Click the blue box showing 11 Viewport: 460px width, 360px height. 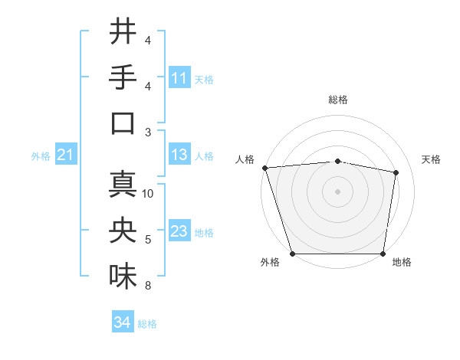[179, 78]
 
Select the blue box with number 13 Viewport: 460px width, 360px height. [179, 155]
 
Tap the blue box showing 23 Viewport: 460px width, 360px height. [179, 232]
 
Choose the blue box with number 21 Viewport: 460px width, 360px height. [65, 155]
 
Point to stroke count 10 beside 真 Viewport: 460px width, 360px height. [149, 194]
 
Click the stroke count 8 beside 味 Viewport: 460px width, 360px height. [148, 286]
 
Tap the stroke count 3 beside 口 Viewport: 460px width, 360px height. [148, 133]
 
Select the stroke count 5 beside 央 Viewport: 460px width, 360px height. [148, 240]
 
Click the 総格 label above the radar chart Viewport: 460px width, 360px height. [338, 100]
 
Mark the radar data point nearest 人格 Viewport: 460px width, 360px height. [264, 168]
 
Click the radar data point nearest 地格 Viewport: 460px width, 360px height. [383, 254]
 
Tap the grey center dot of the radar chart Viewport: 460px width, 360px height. [338, 191]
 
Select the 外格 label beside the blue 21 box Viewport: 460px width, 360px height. [41, 156]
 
